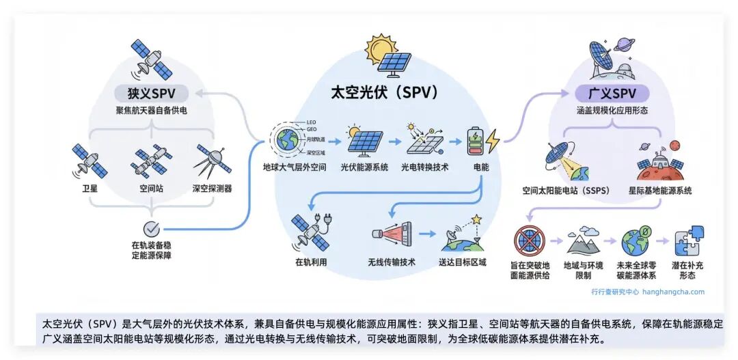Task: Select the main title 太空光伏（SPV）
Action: pyautogui.click(x=384, y=92)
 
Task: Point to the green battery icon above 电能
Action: pyautogui.click(x=476, y=141)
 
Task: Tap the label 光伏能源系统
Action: pyautogui.click(x=365, y=167)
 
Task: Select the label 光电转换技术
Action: pyautogui.click(x=424, y=167)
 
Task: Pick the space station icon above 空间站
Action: pyautogui.click(x=151, y=160)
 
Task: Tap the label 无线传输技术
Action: pyautogui.click(x=392, y=262)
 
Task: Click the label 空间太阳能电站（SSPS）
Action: pyautogui.click(x=566, y=191)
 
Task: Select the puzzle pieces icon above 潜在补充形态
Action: pyautogui.click(x=687, y=240)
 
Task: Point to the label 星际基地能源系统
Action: pyautogui.click(x=660, y=191)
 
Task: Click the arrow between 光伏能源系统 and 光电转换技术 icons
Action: pyautogui.click(x=395, y=142)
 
